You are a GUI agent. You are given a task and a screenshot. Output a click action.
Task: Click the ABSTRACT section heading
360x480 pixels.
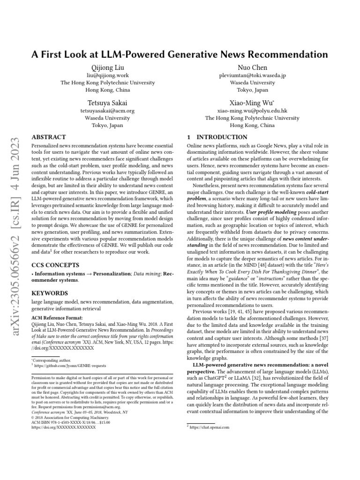click(x=48, y=137)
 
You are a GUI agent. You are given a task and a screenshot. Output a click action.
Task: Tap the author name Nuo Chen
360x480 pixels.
click(x=253, y=67)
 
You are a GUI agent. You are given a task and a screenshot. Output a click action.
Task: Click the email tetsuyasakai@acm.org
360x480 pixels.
click(x=107, y=111)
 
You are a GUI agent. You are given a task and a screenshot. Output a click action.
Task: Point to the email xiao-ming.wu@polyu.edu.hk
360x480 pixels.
click(x=253, y=111)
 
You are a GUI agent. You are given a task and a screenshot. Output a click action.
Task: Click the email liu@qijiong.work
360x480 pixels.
click(x=107, y=75)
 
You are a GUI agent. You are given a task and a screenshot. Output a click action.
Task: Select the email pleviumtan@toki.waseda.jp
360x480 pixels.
click(x=253, y=75)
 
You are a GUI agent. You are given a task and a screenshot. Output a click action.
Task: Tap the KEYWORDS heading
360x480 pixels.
click(x=50, y=293)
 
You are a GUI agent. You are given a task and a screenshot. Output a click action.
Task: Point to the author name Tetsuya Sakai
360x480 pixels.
click(x=107, y=103)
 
